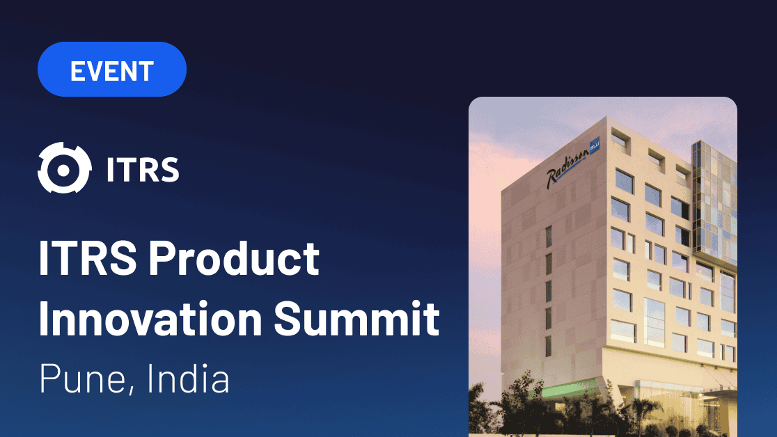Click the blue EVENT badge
point(112,70)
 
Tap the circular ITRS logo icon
point(64,168)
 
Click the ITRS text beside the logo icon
point(143,169)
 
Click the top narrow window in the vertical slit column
point(549,237)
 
